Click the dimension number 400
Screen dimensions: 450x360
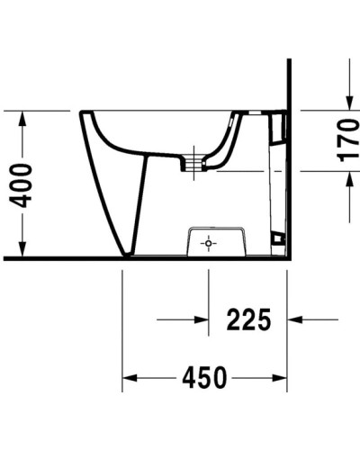click(x=20, y=184)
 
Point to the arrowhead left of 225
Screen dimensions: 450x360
click(x=200, y=319)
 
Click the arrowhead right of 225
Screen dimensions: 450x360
click(x=296, y=319)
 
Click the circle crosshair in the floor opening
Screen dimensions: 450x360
click(x=207, y=243)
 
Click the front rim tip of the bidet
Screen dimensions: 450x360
click(x=83, y=114)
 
